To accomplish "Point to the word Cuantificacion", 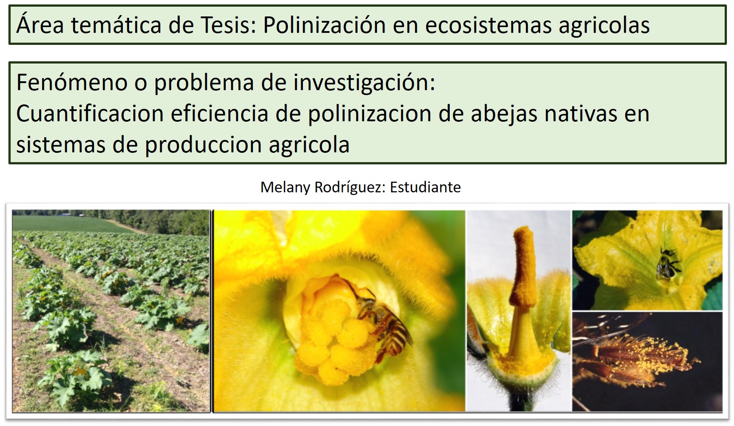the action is [90, 114].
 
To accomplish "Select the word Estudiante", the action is [425, 187].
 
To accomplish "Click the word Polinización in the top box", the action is [324, 25].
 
